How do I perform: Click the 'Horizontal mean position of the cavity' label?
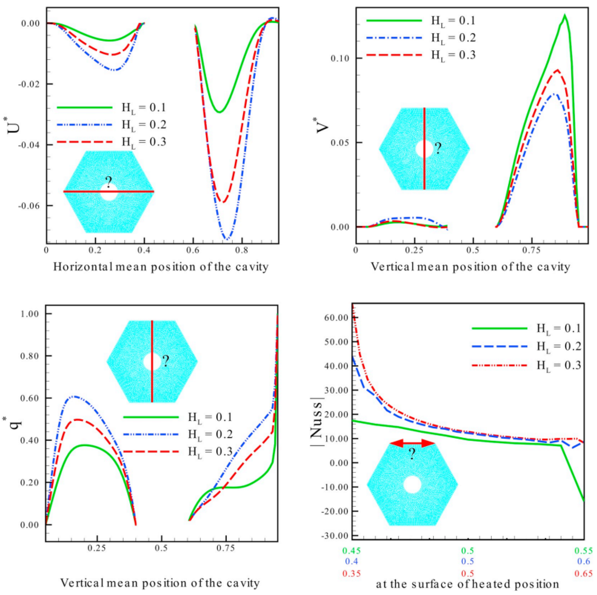pos(161,267)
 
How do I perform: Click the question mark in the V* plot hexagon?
pos(438,149)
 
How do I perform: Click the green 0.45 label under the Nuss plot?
pos(351,551)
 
